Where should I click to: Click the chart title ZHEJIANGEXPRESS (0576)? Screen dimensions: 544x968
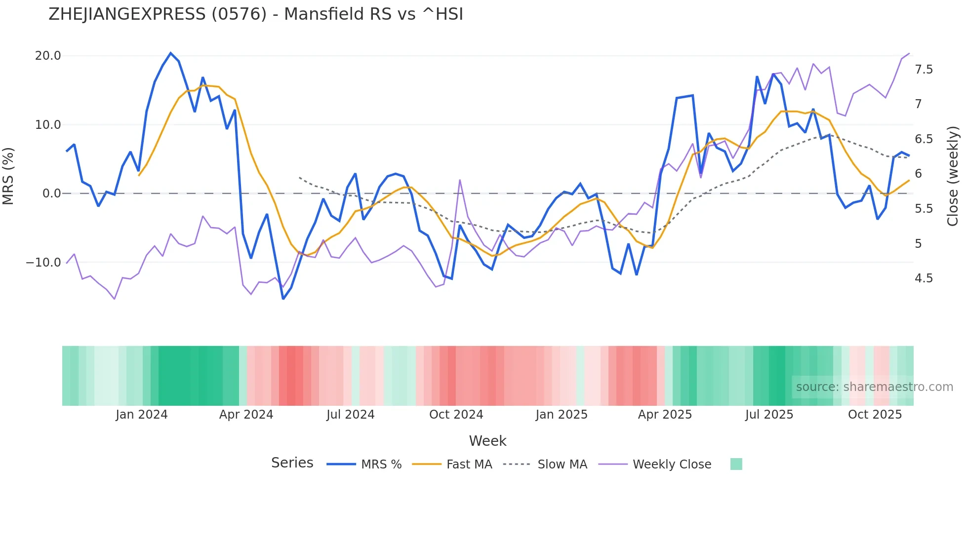pos(255,14)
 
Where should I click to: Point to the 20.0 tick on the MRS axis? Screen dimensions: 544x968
pos(48,56)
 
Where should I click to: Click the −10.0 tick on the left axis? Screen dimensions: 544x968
pos(43,263)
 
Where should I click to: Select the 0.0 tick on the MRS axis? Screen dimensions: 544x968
pos(51,194)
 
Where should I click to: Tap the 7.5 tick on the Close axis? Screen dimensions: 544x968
pos(924,70)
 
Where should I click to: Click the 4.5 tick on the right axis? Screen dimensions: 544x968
pos(924,278)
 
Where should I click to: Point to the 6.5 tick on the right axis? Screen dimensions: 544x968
pos(924,139)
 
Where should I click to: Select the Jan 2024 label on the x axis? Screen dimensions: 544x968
pos(142,415)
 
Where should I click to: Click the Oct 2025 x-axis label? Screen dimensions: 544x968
pos(875,415)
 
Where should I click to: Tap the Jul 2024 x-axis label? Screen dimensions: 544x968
pos(350,415)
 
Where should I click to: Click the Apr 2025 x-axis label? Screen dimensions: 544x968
pos(665,415)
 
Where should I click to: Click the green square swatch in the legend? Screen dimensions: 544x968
pos(736,464)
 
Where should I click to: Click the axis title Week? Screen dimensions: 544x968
pos(487,441)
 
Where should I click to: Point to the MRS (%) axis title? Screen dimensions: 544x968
pos(8,176)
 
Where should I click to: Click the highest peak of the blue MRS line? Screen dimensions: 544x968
pos(171,53)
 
